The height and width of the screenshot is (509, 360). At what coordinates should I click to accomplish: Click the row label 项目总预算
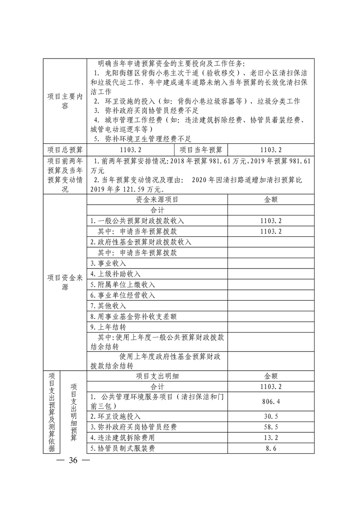65,150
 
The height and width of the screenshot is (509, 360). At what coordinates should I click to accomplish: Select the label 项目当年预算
201,150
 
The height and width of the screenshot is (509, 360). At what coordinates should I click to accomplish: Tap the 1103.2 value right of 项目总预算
130,150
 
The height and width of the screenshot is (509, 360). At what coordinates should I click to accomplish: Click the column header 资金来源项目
157,199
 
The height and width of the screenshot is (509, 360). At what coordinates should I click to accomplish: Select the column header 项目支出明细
157,376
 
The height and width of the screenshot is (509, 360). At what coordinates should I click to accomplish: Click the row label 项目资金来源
65,283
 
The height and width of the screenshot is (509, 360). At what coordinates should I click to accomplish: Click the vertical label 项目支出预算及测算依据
52,412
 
